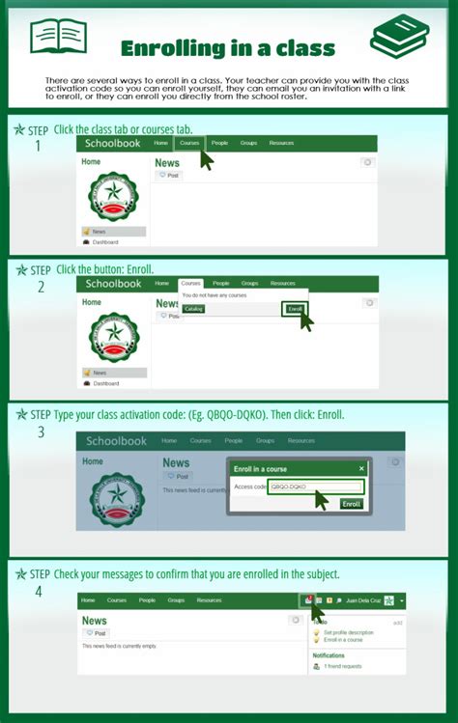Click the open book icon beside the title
(x=58, y=37)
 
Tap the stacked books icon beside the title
(x=399, y=37)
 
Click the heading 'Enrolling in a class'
(x=228, y=47)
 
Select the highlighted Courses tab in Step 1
(x=189, y=143)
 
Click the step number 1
(x=38, y=147)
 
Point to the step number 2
(x=41, y=287)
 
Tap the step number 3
(x=41, y=431)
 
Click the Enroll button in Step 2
(x=296, y=309)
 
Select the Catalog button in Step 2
(x=193, y=309)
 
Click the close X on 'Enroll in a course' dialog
(x=361, y=468)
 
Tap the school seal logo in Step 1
(x=114, y=196)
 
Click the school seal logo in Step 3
(x=116, y=497)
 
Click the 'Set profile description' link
(x=348, y=632)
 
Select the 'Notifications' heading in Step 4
(x=329, y=655)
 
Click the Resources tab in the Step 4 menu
(x=209, y=600)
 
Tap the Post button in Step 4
(x=96, y=632)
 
